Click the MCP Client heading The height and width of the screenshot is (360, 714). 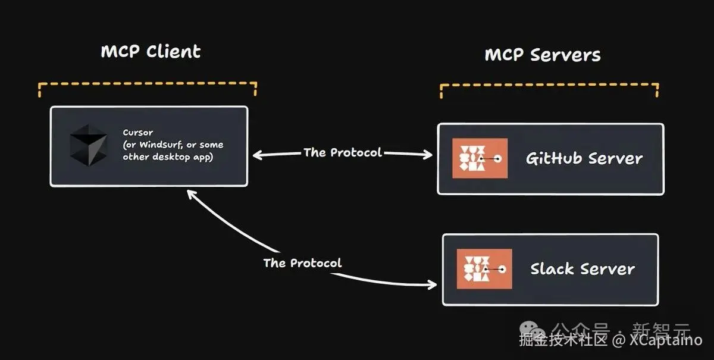click(x=151, y=52)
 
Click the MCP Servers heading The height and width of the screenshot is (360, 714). click(x=542, y=55)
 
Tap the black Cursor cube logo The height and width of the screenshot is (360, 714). click(x=89, y=145)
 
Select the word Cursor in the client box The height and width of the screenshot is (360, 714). click(x=138, y=132)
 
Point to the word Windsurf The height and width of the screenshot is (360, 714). click(x=160, y=145)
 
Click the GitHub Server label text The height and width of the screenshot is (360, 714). click(x=584, y=158)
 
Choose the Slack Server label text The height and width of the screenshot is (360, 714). click(x=582, y=269)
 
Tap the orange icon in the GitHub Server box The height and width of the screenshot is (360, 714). click(x=480, y=158)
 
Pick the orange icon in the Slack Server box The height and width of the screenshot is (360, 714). click(x=484, y=269)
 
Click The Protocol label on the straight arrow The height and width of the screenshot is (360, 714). click(x=342, y=152)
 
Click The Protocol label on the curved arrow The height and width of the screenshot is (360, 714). click(x=302, y=262)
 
